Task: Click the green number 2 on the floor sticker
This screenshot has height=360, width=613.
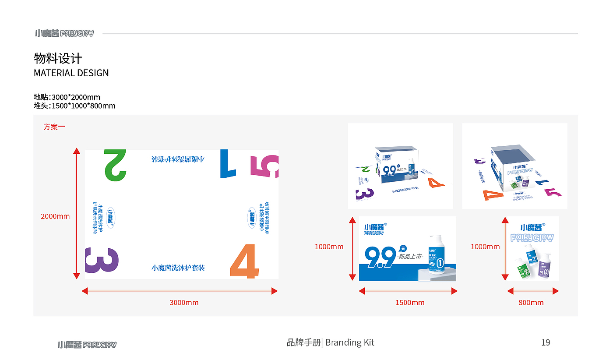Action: (x=115, y=165)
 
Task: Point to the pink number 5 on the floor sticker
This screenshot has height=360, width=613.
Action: (x=264, y=166)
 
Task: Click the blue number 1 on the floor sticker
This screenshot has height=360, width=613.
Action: (x=228, y=163)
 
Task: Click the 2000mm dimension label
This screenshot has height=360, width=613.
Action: (x=55, y=216)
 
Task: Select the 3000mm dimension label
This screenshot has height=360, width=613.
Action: (x=184, y=303)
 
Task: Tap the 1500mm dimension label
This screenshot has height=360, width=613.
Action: (x=410, y=303)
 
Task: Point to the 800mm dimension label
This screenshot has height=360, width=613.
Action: (x=531, y=303)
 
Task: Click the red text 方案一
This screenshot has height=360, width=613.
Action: (x=54, y=127)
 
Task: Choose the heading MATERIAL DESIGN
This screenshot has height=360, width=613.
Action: (x=71, y=73)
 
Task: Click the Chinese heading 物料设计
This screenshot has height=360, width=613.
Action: (x=58, y=59)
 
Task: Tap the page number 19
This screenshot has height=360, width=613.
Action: (x=546, y=342)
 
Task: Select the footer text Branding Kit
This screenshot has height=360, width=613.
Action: (x=350, y=342)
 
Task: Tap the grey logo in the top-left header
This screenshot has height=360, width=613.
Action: (x=64, y=33)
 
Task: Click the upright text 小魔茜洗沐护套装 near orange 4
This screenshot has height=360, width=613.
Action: (x=178, y=268)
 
